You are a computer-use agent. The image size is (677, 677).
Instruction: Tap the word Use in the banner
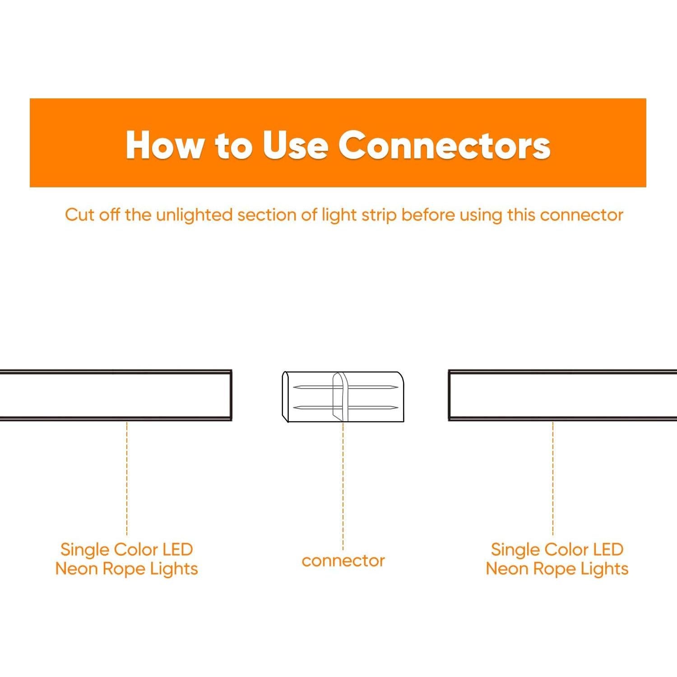click(x=295, y=145)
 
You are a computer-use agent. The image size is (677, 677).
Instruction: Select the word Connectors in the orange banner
click(x=444, y=145)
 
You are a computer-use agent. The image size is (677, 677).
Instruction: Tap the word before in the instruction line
click(x=427, y=215)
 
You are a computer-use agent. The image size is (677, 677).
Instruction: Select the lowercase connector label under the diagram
click(x=343, y=561)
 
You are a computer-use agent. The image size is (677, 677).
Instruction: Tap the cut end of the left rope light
click(x=230, y=395)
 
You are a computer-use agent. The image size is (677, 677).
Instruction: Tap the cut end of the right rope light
click(x=450, y=395)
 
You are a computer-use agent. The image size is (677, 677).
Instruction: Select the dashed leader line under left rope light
click(x=127, y=478)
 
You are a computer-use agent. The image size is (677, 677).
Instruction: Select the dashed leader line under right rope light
click(x=553, y=478)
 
